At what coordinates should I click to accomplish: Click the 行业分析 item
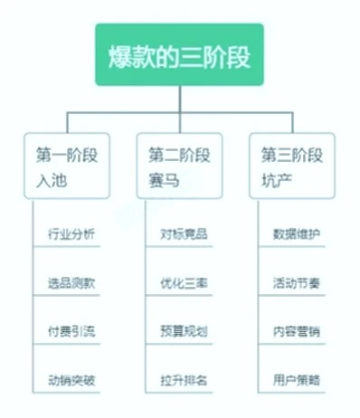72,235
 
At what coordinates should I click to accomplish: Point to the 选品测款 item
72,283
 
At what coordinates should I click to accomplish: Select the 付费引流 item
72,331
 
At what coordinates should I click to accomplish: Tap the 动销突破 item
72,379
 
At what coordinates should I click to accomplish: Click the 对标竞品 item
185,235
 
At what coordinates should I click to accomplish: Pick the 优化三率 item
185,283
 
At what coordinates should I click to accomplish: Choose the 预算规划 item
185,331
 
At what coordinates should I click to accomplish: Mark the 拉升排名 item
185,379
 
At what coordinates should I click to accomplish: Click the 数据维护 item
297,235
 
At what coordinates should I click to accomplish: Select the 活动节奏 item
297,283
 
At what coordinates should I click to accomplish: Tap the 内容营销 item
297,331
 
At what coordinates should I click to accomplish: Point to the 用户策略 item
297,379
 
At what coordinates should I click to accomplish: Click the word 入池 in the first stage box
50,181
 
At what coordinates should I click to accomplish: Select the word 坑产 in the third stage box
275,181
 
